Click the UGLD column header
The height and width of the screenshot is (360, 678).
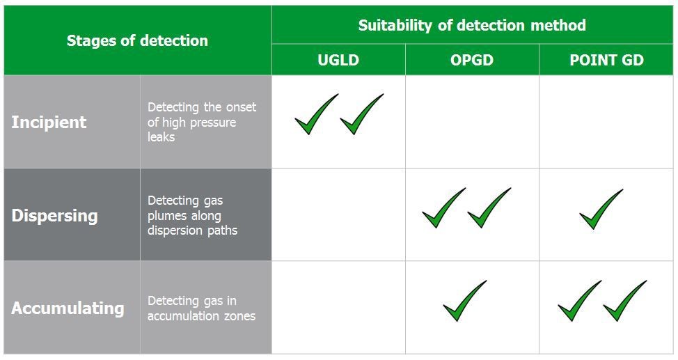click(338, 60)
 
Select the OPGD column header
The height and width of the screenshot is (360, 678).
click(472, 60)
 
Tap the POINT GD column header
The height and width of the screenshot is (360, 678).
click(607, 60)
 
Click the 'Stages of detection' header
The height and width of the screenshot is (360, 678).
click(137, 40)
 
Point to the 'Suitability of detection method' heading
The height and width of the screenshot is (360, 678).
click(472, 25)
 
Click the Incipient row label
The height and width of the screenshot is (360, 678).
click(49, 122)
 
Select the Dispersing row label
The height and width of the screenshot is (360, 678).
click(54, 215)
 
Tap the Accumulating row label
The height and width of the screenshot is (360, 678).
click(68, 308)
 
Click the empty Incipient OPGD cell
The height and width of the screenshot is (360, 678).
click(472, 122)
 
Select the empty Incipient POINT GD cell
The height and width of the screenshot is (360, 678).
click(606, 122)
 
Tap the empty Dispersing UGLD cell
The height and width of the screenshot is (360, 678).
click(338, 214)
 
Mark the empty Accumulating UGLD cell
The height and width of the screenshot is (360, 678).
click(338, 307)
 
